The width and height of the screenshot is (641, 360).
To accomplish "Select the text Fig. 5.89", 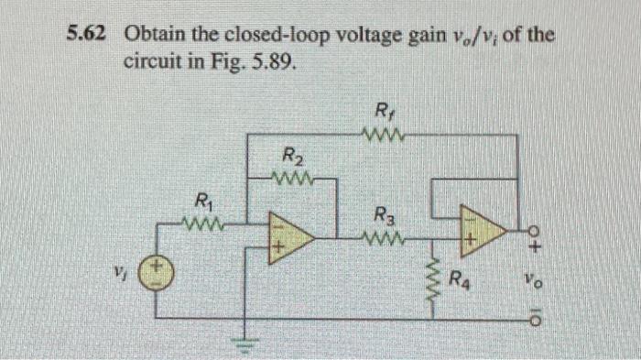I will pyautogui.click(x=263, y=66).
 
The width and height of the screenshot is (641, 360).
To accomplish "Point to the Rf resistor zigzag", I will pyautogui.click(x=383, y=137).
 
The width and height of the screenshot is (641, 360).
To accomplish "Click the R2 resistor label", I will pyautogui.click(x=290, y=156).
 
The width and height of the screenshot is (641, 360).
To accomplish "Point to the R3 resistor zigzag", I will pyautogui.click(x=385, y=240).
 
